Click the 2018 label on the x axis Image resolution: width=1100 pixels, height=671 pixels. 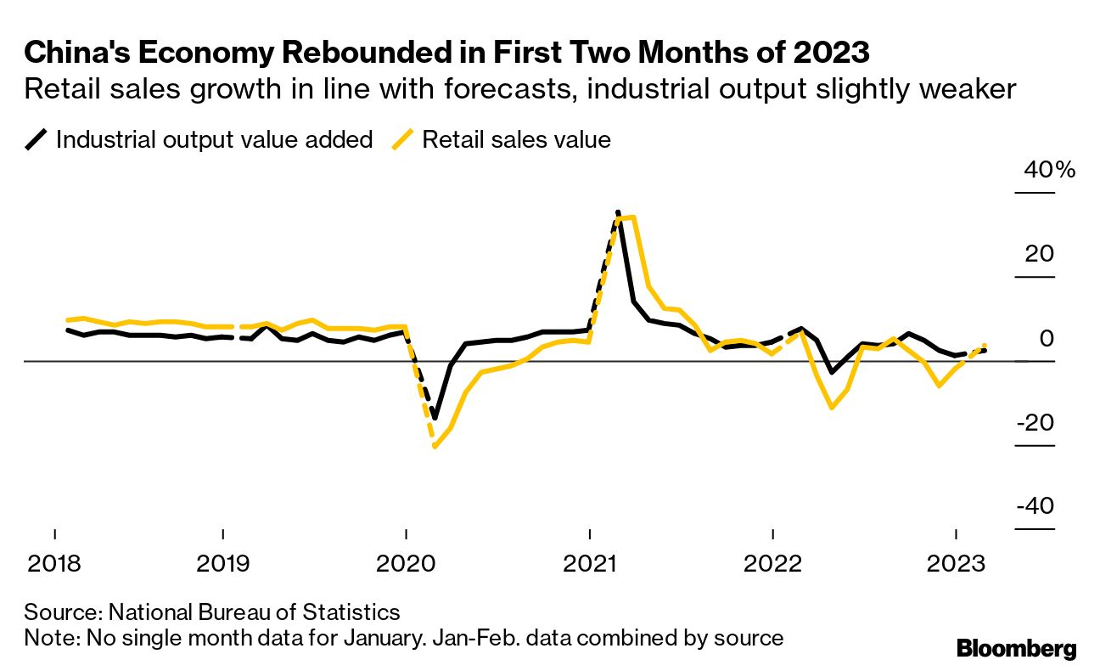(x=55, y=563)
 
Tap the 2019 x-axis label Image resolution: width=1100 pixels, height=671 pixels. (x=222, y=563)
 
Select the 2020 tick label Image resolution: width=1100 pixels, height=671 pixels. (x=406, y=563)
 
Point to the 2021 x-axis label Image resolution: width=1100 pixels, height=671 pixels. (x=589, y=563)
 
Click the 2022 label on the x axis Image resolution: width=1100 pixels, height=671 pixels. (x=772, y=563)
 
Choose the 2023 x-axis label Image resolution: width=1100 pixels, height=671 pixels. (x=956, y=563)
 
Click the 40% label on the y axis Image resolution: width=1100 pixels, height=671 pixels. (x=1050, y=170)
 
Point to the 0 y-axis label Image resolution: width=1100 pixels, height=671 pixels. (x=1047, y=338)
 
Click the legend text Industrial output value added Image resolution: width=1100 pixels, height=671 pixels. (x=214, y=139)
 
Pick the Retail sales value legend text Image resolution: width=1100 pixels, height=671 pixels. (x=516, y=139)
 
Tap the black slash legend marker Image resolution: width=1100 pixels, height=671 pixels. (x=36, y=139)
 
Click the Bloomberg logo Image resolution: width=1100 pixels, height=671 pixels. (x=1016, y=649)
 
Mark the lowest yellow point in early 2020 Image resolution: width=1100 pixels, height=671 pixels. (x=435, y=446)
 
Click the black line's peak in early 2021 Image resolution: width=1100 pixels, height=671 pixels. (x=618, y=211)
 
